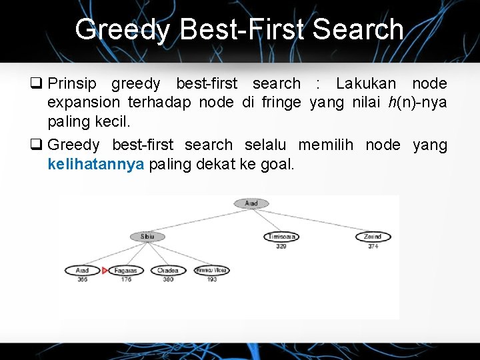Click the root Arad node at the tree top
coord(251,203)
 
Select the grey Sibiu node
coord(147,237)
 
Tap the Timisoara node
coord(281,237)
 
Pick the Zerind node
coord(373,237)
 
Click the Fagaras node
coord(125,271)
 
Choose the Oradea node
coord(168,271)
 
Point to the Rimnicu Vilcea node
coord(211,271)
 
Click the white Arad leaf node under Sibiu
coord(82,271)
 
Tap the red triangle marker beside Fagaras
coord(105,271)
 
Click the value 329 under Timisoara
coord(281,247)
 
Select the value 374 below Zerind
coord(373,247)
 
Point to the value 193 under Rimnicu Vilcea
coord(211,279)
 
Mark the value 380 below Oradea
coord(168,279)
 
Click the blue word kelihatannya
coord(96,165)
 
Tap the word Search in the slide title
coord(358,30)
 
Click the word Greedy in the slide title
coord(122,30)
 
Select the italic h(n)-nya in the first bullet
coord(417,103)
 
